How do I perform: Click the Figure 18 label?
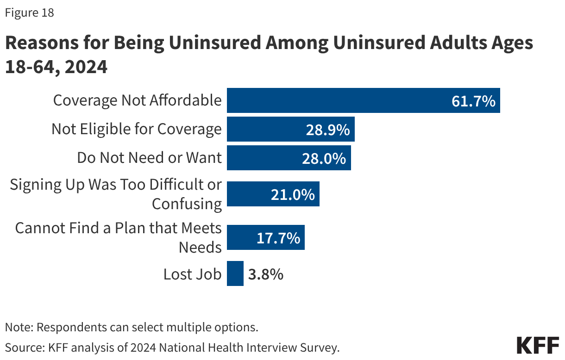tap(29, 13)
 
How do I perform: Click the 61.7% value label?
tap(473, 101)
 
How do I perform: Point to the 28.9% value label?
tap(327, 130)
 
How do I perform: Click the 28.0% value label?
tap(324, 158)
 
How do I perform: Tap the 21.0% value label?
tap(293, 194)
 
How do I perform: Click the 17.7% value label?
tap(278, 238)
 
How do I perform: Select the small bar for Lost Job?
tap(235, 274)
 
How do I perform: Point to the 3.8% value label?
tap(265, 274)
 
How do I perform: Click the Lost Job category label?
tap(192, 274)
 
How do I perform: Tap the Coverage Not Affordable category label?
tap(137, 100)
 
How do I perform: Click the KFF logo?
tap(537, 345)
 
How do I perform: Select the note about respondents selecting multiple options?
tap(131, 327)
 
